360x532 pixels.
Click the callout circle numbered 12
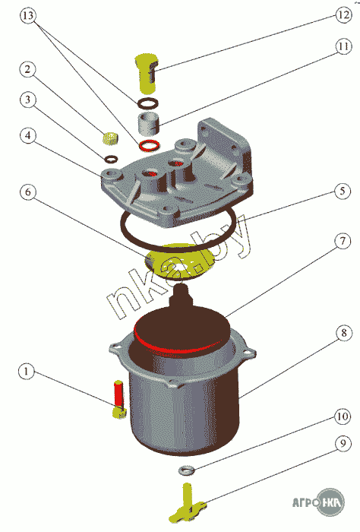pyautogui.click(x=344, y=15)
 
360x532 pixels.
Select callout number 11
pyautogui.click(x=344, y=46)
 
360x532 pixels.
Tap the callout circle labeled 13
pyautogui.click(x=28, y=16)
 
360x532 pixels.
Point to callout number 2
pyautogui.click(x=27, y=69)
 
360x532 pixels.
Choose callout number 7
pyautogui.click(x=343, y=241)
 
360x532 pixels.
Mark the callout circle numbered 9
pyautogui.click(x=343, y=443)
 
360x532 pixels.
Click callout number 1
pyautogui.click(x=27, y=371)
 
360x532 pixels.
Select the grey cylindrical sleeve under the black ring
pyautogui.click(x=148, y=124)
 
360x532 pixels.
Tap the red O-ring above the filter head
pyautogui.click(x=149, y=144)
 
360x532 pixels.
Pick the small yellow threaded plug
pyautogui.click(x=111, y=138)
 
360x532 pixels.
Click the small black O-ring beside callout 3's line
pyautogui.click(x=111, y=158)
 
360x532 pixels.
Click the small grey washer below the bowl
pyautogui.click(x=186, y=470)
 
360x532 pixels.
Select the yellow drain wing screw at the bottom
pyautogui.click(x=188, y=503)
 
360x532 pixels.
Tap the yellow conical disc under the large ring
pyautogui.click(x=181, y=262)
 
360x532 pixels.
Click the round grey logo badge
pyautogui.click(x=330, y=502)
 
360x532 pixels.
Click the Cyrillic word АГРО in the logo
pyautogui.click(x=305, y=502)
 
